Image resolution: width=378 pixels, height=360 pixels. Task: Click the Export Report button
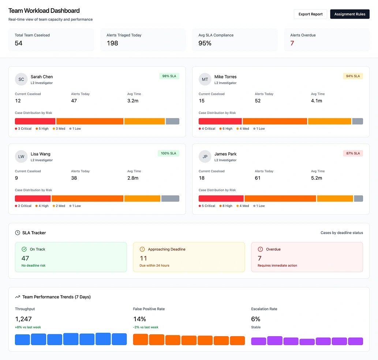coord(310,14)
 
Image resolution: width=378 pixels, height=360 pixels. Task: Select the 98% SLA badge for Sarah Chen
coord(169,76)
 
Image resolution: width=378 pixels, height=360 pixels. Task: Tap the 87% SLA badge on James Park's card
coord(353,153)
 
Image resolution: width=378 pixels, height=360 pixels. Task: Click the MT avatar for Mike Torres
coord(205,79)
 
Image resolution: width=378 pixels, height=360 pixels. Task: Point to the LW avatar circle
coord(21,157)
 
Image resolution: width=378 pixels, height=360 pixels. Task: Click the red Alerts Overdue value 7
coord(292,43)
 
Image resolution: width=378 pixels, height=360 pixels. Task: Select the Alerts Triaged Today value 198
coord(112,43)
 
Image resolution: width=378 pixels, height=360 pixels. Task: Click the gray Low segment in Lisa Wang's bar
coord(170,198)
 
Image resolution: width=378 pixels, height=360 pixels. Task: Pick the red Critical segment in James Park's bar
coord(221,198)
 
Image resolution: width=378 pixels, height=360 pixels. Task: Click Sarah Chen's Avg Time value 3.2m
coord(133,101)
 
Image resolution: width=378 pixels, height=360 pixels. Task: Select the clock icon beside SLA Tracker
coord(18,233)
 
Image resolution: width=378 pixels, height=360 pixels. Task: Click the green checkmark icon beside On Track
coord(24,249)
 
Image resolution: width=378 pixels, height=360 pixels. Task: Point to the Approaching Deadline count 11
coord(143,258)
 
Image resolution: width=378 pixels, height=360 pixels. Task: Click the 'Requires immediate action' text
coord(277,266)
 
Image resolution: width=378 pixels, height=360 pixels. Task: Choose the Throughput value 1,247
coord(23,319)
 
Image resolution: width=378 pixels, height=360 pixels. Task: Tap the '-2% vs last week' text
coord(146,327)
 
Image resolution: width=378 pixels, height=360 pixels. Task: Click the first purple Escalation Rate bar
coord(258,341)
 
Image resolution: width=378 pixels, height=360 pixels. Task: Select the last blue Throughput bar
coord(119,339)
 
